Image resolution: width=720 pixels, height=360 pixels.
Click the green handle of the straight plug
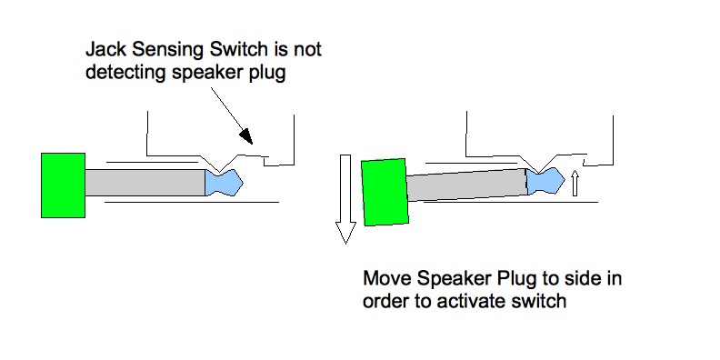coord(63,185)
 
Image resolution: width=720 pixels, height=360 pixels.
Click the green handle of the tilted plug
coord(385,193)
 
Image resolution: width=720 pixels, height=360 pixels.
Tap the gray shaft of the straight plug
coord(145,183)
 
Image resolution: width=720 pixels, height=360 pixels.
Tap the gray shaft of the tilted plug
coord(466,185)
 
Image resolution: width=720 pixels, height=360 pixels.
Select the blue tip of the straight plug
coord(223,183)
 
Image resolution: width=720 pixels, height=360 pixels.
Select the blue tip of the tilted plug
coord(545,181)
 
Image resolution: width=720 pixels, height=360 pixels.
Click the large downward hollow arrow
coord(345,199)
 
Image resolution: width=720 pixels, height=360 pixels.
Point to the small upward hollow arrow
coord(575,184)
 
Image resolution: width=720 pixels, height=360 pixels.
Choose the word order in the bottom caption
coord(386,302)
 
